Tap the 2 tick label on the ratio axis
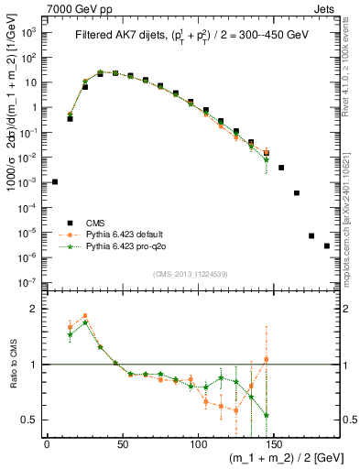[x=34, y=310]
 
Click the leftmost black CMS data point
[x=55, y=181]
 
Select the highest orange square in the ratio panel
[x=85, y=316]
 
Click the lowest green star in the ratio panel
[x=266, y=415]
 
